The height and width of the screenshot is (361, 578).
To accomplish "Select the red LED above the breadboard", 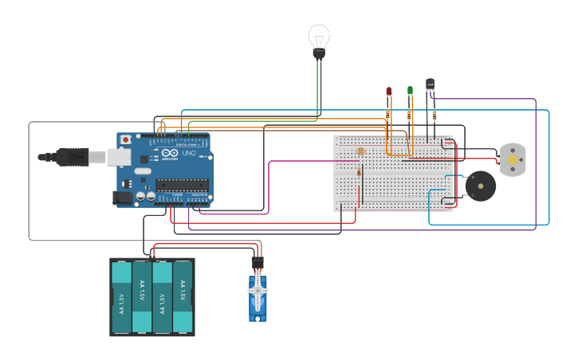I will (389, 92).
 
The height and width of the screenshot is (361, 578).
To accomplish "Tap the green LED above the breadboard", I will (410, 91).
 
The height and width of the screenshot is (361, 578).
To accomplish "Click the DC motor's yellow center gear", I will (511, 159).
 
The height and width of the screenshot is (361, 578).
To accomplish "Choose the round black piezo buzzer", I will (481, 186).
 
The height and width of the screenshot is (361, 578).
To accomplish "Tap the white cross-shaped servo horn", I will (258, 292).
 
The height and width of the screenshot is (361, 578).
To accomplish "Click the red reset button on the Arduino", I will (125, 140).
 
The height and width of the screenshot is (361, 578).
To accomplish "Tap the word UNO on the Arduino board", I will (189, 153).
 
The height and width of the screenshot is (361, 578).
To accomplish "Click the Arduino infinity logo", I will (170, 153).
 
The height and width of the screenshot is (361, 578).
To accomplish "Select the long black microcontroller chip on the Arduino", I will (182, 185).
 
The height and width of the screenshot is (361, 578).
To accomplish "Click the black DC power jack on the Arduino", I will (124, 197).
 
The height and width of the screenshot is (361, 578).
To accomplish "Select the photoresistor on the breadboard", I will (360, 151).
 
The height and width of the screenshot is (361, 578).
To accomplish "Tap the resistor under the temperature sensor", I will (434, 115).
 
